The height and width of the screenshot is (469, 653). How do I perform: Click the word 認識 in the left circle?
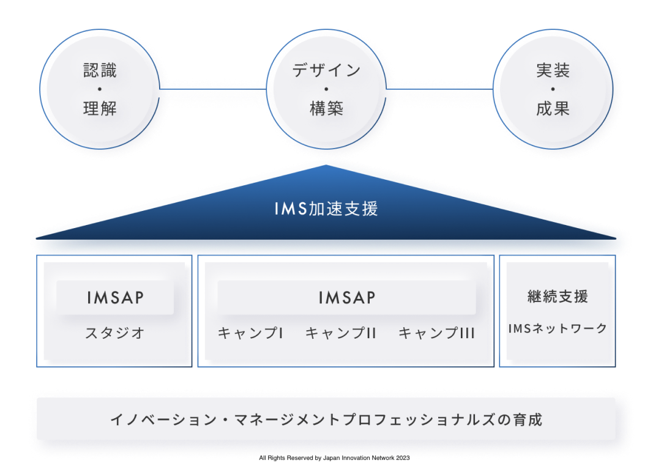click(100, 70)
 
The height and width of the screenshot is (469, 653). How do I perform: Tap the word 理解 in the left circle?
click(100, 108)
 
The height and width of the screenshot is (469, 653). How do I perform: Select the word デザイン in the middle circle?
click(327, 70)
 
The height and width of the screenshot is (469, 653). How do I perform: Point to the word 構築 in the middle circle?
click(327, 108)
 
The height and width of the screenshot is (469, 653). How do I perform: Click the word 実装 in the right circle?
click(553, 70)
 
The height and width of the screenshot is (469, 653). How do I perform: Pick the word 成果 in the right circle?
click(553, 108)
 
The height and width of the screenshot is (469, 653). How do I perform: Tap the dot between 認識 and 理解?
click(100, 89)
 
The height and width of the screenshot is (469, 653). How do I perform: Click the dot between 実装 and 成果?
click(553, 89)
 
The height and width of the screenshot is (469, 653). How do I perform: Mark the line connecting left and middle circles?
click(213, 89)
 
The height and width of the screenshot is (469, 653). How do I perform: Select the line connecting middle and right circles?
click(439, 89)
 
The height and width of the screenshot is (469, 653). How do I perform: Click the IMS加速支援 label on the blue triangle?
click(326, 209)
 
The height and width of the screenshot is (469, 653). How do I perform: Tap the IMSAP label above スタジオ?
click(115, 298)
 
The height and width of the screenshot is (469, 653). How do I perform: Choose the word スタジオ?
click(115, 333)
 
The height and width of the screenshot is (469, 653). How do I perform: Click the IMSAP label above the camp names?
click(347, 298)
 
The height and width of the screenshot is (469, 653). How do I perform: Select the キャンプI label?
click(251, 333)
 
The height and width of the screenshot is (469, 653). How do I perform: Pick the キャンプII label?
click(341, 333)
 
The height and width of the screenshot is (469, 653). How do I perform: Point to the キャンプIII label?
click(436, 333)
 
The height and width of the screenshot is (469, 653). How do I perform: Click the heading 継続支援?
click(558, 297)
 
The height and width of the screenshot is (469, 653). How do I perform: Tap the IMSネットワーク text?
click(558, 328)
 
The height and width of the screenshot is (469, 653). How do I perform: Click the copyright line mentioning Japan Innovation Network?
click(334, 458)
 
